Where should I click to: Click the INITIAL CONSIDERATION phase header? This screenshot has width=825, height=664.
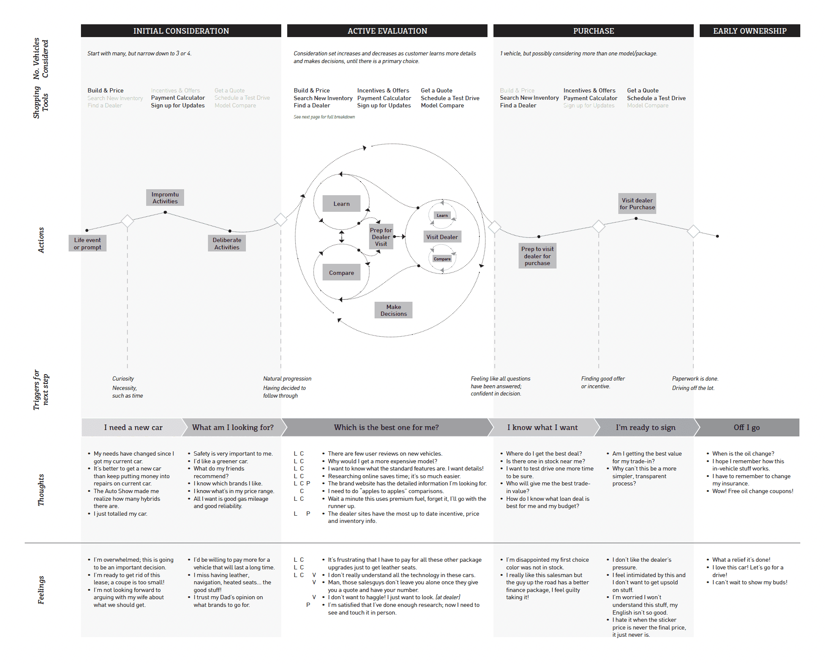tap(181, 31)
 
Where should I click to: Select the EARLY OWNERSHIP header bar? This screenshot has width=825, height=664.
tap(750, 31)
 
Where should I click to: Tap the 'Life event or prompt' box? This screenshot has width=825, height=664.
tap(87, 243)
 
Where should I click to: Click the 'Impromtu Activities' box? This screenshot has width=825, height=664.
tap(165, 198)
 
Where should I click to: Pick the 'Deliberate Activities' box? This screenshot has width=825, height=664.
tap(227, 243)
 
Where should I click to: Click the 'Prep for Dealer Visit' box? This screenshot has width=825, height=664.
tap(381, 237)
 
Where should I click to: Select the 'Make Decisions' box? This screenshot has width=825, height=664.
tap(393, 310)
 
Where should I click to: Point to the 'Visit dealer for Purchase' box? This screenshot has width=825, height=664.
tap(637, 204)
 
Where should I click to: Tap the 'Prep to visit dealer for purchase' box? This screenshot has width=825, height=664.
tap(537, 256)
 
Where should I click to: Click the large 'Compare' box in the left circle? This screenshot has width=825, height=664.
tap(341, 273)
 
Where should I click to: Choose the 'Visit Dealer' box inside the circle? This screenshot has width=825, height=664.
tap(442, 237)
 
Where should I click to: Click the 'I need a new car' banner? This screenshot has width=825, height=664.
tap(133, 427)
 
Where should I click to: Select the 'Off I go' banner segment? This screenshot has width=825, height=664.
tap(747, 427)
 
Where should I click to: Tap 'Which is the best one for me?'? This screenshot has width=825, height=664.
tap(386, 427)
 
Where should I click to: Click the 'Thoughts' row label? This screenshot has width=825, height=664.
tap(41, 490)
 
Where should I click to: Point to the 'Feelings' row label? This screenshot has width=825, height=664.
tap(41, 590)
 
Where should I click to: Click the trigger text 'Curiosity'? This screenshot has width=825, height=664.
tap(123, 378)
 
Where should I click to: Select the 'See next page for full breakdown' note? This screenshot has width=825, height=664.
tap(324, 117)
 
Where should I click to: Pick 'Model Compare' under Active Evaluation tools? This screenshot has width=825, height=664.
tap(442, 105)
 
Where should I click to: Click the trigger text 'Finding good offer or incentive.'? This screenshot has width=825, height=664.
tap(603, 382)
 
